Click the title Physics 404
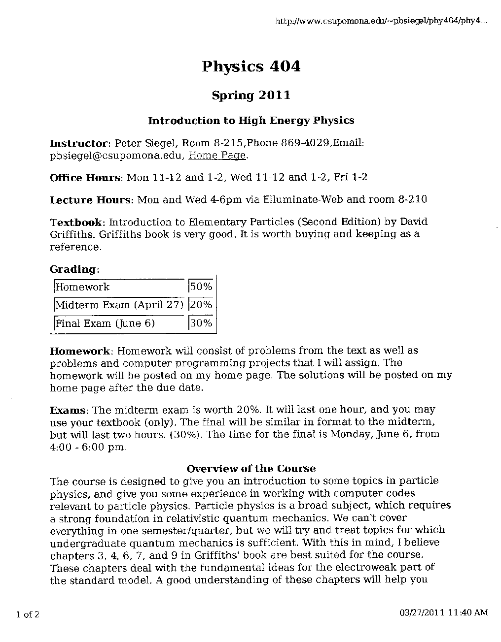point(251,66)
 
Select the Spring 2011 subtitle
point(251,95)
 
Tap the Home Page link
point(217,156)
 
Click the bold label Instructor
point(78,144)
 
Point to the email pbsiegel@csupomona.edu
point(117,156)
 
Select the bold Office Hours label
point(85,178)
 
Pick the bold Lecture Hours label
point(91,200)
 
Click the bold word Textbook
point(77,222)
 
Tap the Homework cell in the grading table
point(82,287)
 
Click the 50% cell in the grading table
point(201,287)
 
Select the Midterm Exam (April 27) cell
point(119,305)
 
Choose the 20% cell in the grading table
point(201,305)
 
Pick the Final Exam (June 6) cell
point(105,323)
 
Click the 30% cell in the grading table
point(201,323)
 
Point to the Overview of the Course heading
point(251,469)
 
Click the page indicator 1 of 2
point(28,614)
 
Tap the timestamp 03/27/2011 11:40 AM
point(442,612)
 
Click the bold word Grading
point(74,269)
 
